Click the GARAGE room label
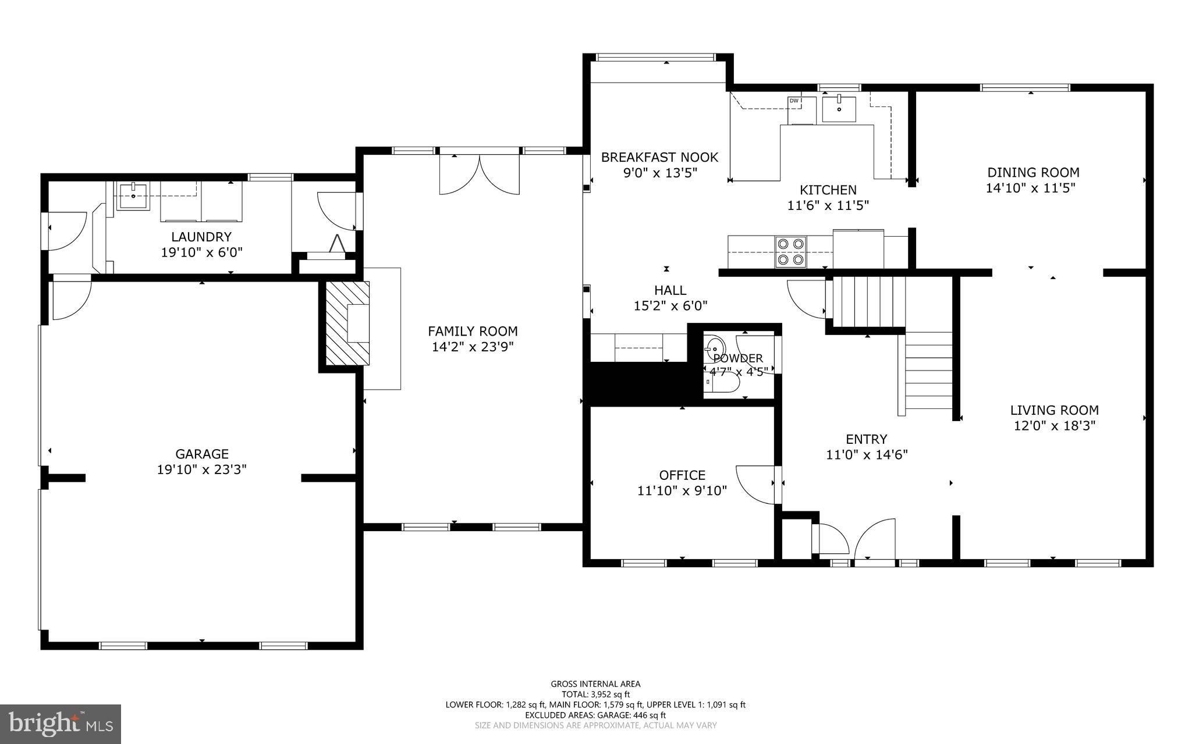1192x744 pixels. [x=202, y=454]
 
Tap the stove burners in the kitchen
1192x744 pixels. [x=790, y=251]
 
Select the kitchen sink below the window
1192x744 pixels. [x=839, y=109]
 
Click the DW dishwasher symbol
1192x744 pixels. [x=794, y=101]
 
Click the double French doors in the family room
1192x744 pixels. [x=479, y=173]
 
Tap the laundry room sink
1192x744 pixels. [x=133, y=195]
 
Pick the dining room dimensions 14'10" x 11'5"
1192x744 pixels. [x=1030, y=188]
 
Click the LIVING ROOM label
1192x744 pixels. [x=1054, y=410]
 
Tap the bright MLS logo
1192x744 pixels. [x=61, y=723]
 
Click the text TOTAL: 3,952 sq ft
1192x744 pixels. [x=595, y=694]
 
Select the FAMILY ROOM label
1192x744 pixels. [x=473, y=331]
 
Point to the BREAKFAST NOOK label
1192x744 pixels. [x=659, y=157]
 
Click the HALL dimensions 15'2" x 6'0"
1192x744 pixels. [x=670, y=305]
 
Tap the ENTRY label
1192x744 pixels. [x=866, y=439]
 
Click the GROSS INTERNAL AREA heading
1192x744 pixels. [x=595, y=684]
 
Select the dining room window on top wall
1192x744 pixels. [x=1025, y=88]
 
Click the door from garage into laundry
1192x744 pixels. [x=70, y=300]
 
